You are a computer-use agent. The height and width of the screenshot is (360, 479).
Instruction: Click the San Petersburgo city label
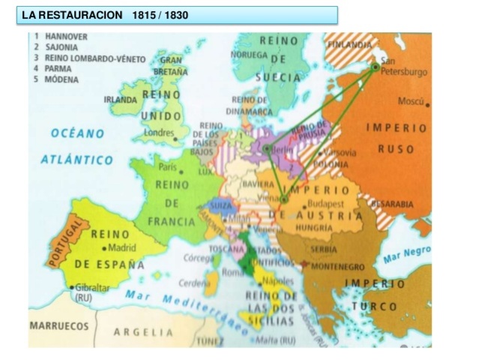click(404, 67)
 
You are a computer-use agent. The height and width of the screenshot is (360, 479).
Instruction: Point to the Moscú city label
click(412, 100)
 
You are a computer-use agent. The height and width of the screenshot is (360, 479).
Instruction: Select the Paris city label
click(166, 166)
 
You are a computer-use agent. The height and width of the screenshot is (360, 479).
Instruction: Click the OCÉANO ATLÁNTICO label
click(77, 146)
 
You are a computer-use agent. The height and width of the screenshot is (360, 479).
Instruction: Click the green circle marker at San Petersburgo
click(376, 67)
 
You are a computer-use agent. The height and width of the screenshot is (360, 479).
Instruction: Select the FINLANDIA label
click(349, 46)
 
